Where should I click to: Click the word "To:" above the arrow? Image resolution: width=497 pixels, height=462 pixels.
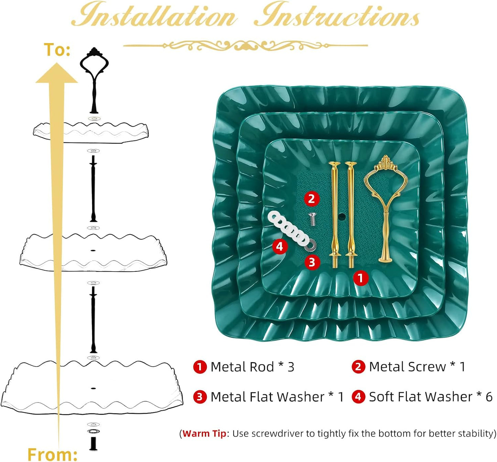tap(57, 50)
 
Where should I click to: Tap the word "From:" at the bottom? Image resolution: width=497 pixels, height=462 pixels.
tap(52, 454)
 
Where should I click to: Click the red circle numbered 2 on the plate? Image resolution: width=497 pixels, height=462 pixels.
tap(312, 199)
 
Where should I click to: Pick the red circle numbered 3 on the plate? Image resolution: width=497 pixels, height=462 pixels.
tap(312, 262)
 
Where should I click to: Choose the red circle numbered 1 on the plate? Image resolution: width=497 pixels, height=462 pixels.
tap(360, 278)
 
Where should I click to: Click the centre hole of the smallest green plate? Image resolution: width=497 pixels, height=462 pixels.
tap(341, 215)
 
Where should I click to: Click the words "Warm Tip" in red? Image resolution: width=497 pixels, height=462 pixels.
tap(204, 433)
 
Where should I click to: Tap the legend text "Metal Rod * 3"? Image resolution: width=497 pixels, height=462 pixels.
tap(252, 367)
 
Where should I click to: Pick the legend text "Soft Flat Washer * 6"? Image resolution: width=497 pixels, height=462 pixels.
tap(431, 397)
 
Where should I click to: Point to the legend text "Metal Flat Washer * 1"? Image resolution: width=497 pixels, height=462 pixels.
tap(277, 397)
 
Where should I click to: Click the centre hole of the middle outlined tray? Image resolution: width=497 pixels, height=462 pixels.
tap(93, 251)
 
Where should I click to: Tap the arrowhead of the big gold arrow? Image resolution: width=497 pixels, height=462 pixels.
tap(56, 73)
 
